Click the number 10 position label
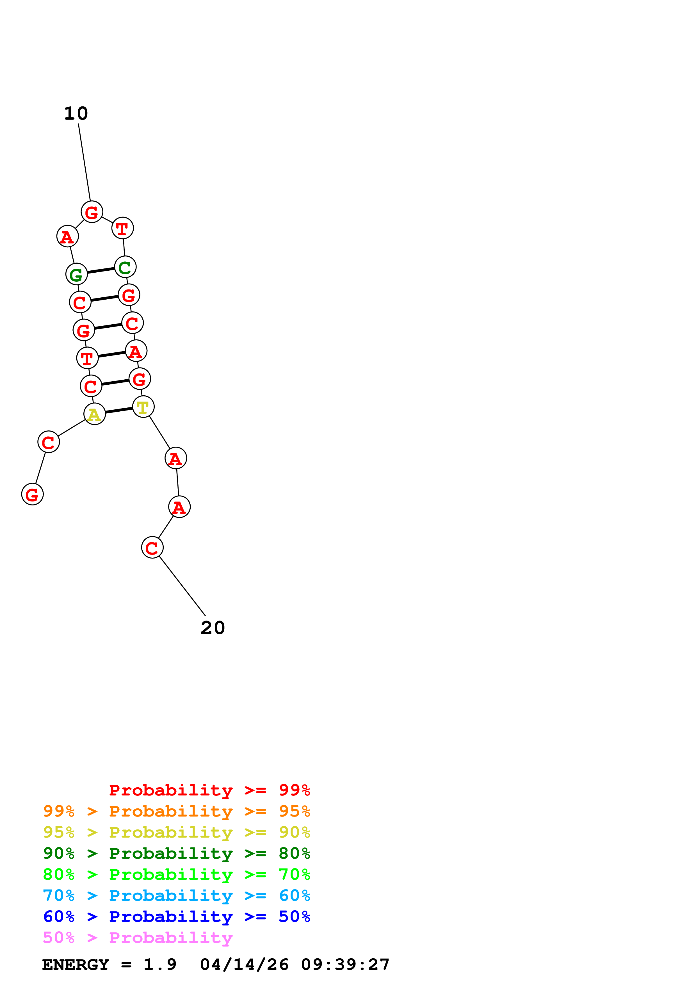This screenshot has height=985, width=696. [x=76, y=114]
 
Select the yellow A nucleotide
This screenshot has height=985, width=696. [x=94, y=414]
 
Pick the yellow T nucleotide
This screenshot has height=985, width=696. [x=143, y=407]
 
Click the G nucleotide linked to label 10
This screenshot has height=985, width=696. [x=92, y=212]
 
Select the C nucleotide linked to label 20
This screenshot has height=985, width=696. [x=152, y=548]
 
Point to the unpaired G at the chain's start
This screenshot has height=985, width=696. [x=32, y=494]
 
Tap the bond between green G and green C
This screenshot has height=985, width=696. [x=101, y=270]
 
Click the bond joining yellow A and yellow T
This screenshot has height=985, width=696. [x=119, y=411]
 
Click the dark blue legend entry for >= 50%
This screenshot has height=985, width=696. [x=176, y=916]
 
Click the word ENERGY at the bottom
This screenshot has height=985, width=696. [x=76, y=965]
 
